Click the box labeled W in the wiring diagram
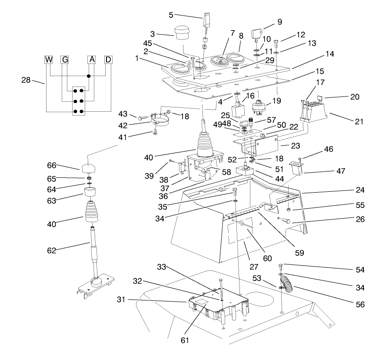point(49,60)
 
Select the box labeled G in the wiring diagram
point(65,60)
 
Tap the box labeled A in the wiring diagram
point(91,60)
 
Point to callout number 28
point(27,80)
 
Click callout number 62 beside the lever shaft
point(51,250)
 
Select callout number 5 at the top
point(171,14)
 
